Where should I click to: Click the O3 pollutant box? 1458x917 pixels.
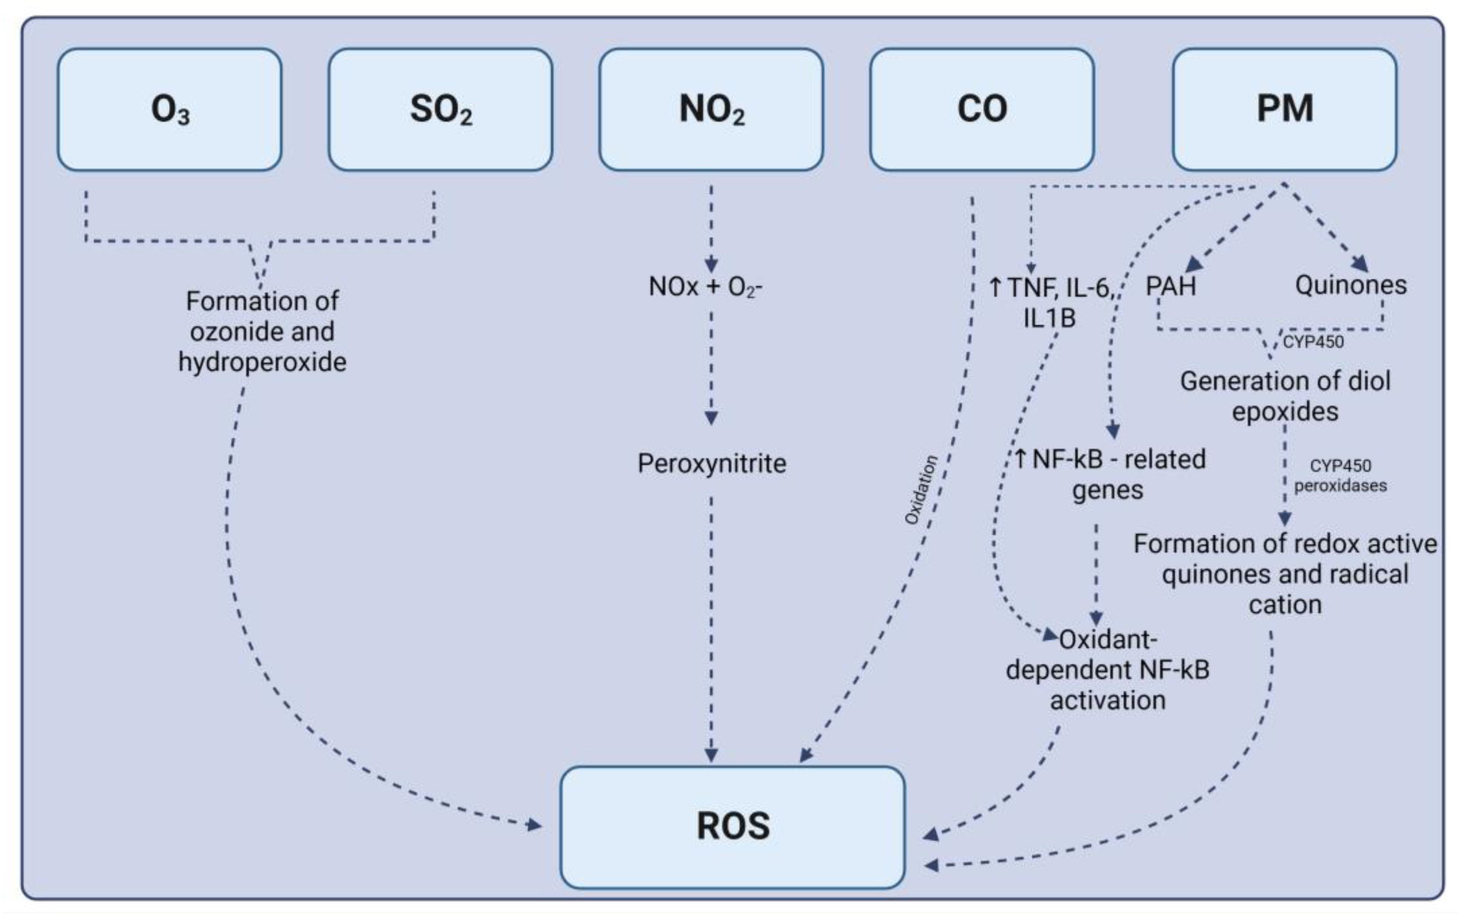pyautogui.click(x=170, y=109)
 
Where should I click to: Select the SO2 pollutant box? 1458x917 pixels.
pyautogui.click(x=440, y=109)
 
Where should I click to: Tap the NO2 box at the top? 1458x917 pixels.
pyautogui.click(x=711, y=109)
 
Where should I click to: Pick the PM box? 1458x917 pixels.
pyautogui.click(x=1284, y=109)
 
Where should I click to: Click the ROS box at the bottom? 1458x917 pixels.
pyautogui.click(x=732, y=827)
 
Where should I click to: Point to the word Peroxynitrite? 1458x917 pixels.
pyautogui.click(x=711, y=463)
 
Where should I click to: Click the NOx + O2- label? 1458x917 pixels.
pyautogui.click(x=705, y=287)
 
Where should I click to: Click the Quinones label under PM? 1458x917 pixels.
pyautogui.click(x=1350, y=285)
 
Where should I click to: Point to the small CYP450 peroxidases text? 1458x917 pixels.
pyautogui.click(x=1340, y=476)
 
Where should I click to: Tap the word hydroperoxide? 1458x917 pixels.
pyautogui.click(x=262, y=362)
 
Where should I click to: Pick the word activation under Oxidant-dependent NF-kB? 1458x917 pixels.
pyautogui.click(x=1107, y=700)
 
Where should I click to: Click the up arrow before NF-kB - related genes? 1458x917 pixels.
pyautogui.click(x=1020, y=459)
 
